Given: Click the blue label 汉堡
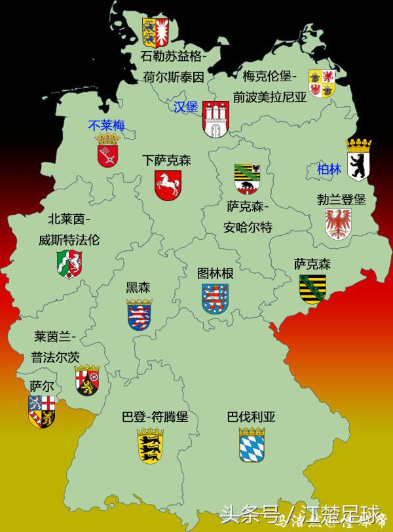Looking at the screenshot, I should [x=185, y=107].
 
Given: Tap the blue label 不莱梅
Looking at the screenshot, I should [x=107, y=126].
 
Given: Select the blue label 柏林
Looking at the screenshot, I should [x=329, y=169].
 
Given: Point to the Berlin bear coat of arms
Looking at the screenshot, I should [x=358, y=159].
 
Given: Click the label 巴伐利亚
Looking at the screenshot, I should [x=252, y=417].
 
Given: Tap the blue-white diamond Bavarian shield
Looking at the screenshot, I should [x=252, y=445].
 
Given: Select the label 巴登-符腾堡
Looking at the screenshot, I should [x=155, y=417].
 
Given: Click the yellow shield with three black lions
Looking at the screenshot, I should [x=150, y=445].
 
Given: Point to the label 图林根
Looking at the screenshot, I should [x=215, y=273].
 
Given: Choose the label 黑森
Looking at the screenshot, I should [x=138, y=287].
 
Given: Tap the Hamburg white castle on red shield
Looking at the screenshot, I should [x=215, y=119].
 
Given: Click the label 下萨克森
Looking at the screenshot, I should [x=167, y=160].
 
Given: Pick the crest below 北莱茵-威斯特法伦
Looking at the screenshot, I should [x=69, y=263].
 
